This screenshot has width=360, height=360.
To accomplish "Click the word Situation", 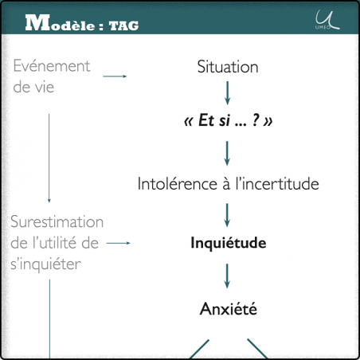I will pos(228,68).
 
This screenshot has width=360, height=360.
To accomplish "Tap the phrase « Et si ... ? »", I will pos(228,123).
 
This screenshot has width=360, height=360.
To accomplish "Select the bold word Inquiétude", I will pos(228,242).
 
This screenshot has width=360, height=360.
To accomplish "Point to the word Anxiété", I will pos(228,308).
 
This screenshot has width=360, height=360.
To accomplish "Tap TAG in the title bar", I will pos(123,25).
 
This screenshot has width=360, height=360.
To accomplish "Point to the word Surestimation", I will pos(57,221).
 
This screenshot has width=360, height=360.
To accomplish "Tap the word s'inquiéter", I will pos(46,264).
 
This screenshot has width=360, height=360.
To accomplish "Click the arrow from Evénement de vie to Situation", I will pos(115,76).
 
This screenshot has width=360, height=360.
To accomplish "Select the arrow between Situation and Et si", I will pos(228,94).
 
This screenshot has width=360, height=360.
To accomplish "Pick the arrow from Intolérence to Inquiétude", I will pos(228,213).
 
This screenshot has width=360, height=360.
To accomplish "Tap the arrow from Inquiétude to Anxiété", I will pos(228,275).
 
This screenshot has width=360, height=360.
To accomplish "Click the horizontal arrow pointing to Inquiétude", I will pos(118,243).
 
